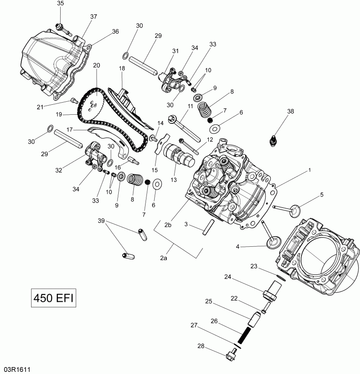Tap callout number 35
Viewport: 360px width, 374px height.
(60, 4)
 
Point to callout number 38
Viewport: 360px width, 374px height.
(290, 111)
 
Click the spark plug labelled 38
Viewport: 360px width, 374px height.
(274, 141)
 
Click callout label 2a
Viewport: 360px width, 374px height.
(163, 258)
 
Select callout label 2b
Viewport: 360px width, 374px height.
(168, 224)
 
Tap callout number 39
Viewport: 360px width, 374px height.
(101, 221)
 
